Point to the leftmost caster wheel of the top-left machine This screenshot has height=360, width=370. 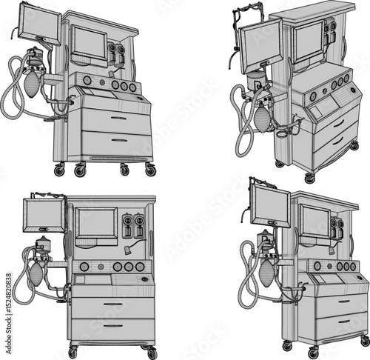click(x=59, y=170)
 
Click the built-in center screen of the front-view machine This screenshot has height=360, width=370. click(x=96, y=223)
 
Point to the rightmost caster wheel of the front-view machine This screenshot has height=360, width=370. click(x=152, y=353)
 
